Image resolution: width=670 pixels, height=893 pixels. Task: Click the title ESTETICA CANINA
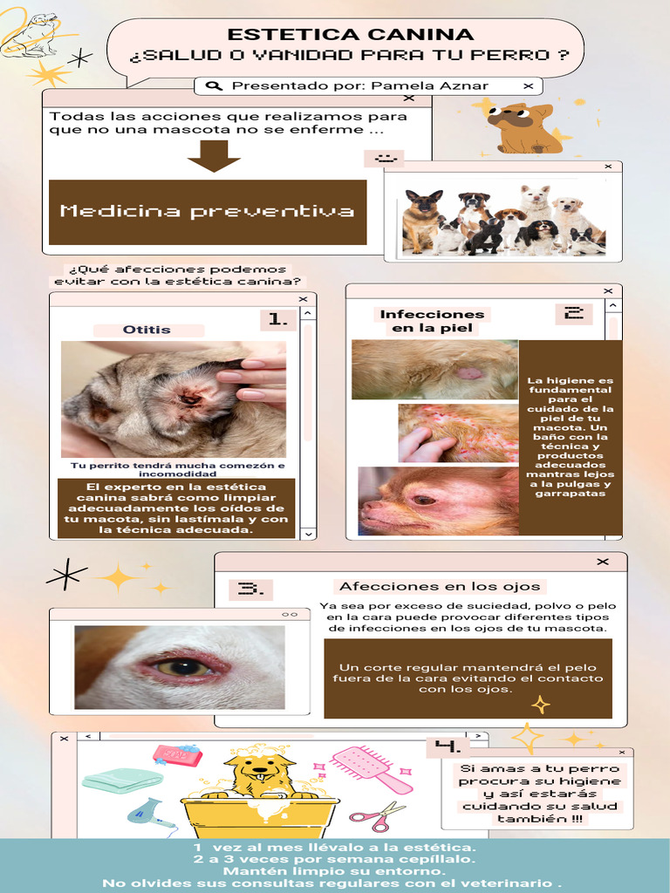point(350,35)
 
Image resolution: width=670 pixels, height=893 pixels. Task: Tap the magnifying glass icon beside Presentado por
point(214,86)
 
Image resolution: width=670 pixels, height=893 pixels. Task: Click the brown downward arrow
point(214,156)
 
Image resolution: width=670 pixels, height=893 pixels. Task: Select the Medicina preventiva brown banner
point(208,212)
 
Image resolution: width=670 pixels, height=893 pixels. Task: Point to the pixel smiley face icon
point(385,159)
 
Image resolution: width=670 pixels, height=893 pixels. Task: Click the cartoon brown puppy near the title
point(523,127)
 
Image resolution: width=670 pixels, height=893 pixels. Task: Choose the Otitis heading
point(147,330)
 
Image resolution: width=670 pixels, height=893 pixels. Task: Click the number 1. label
point(278,320)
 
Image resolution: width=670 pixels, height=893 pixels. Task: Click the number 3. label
point(250,589)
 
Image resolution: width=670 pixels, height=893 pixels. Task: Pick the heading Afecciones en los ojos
point(441,586)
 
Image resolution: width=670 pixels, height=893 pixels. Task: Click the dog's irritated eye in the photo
point(183,667)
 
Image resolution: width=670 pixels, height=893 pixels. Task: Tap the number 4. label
point(448,746)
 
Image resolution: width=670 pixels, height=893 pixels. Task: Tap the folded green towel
point(122,779)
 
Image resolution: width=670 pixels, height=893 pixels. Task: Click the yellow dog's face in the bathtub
point(260,771)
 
